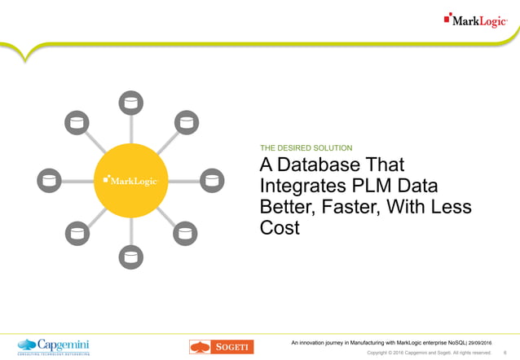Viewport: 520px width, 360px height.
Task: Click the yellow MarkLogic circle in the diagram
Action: [x=130, y=180]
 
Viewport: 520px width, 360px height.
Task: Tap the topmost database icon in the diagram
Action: [x=130, y=102]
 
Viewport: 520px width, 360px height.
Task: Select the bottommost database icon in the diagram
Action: [x=130, y=258]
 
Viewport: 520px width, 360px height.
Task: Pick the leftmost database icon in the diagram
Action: [x=50, y=180]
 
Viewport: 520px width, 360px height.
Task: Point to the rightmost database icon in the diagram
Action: [x=211, y=180]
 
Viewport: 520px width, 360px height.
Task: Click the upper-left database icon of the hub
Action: [x=75, y=125]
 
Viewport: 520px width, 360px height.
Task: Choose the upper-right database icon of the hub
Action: [x=187, y=125]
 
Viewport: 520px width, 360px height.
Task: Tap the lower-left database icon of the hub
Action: [x=75, y=235]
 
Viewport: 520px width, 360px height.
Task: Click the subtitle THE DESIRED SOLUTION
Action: [x=306, y=148]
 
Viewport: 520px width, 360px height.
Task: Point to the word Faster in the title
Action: [x=347, y=208]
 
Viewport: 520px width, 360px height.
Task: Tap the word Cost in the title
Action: [x=280, y=229]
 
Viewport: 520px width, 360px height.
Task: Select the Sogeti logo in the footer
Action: [x=221, y=347]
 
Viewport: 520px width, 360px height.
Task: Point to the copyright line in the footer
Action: [x=429, y=353]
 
